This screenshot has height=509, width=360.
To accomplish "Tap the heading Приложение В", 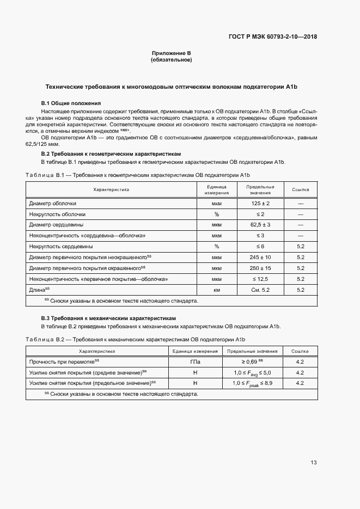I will (x=171, y=53).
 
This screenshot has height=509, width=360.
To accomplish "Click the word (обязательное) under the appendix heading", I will (x=171, y=60).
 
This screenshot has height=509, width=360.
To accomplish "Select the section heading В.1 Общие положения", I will (x=71, y=103).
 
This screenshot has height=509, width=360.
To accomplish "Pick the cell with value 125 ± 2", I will (x=260, y=203).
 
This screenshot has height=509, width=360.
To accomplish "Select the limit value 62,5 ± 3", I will (x=260, y=225).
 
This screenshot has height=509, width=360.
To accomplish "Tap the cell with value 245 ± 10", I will (x=260, y=257).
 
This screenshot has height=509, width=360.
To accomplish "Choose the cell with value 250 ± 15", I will (x=260, y=268).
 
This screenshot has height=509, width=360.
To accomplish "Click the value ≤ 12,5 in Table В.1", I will (x=260, y=279).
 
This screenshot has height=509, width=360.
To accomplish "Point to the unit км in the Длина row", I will (x=216, y=290).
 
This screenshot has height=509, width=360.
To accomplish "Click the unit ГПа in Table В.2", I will (x=194, y=361).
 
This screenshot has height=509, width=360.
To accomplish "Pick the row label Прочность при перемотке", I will (x=64, y=361).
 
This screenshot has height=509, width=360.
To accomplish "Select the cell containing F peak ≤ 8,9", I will (x=252, y=383).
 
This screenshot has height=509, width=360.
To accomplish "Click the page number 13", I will (x=313, y=463).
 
